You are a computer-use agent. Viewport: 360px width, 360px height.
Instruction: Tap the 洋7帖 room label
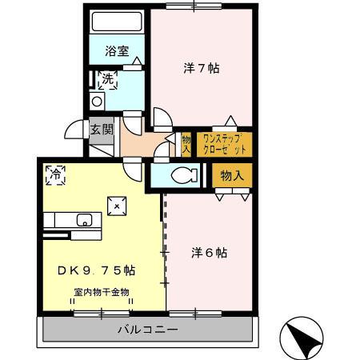pyautogui.click(x=200, y=68)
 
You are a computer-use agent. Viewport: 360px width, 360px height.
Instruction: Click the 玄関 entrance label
pyautogui.click(x=101, y=130)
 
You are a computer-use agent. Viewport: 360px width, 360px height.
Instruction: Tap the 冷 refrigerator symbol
pyautogui.click(x=56, y=174)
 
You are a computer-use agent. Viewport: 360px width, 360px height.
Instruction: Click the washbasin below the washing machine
pyautogui.click(x=96, y=102)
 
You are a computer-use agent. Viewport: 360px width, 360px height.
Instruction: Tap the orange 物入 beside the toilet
pyautogui.click(x=231, y=174)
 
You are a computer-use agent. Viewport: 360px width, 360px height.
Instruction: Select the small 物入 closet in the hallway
pyautogui.click(x=186, y=144)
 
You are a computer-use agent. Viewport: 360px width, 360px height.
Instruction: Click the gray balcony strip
pyautogui.click(x=80, y=329)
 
